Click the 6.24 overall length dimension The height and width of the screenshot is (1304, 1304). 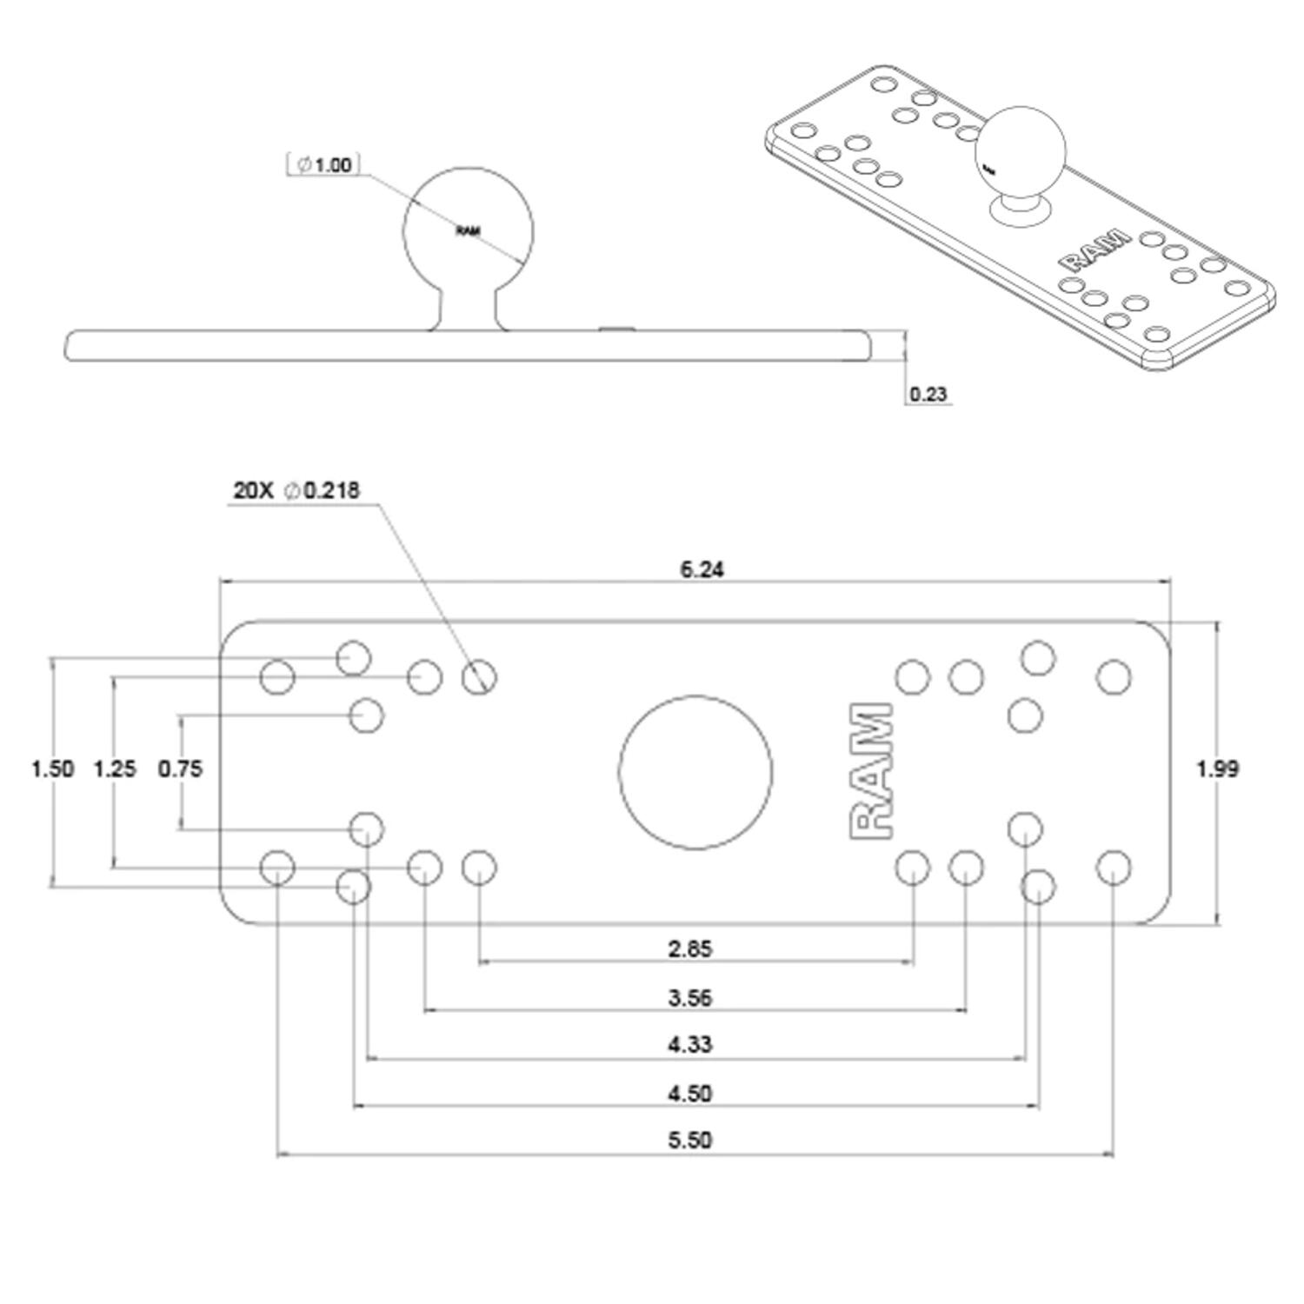coord(701,569)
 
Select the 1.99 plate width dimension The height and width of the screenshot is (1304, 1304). coord(1217,768)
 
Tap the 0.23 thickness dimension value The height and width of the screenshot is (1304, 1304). coord(928,394)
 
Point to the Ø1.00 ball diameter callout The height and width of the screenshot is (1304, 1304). coord(323,164)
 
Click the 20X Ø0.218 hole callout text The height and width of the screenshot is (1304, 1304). coord(296,490)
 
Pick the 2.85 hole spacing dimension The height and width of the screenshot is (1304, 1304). coord(689,948)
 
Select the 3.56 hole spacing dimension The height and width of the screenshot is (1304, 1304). coord(689,997)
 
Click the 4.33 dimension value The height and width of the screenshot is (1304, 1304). coord(689,1044)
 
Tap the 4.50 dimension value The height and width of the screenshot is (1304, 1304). coord(689,1093)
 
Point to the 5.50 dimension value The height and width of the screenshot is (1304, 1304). coord(689,1140)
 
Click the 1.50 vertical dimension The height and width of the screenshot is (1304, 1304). coord(52,768)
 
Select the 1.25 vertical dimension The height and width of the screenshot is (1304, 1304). coord(115,768)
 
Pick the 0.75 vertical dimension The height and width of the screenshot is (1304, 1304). coord(180,768)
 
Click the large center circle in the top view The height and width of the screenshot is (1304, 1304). coord(695,772)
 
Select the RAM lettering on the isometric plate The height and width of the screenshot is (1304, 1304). coord(1094,250)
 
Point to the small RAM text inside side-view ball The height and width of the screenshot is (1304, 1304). coord(468,231)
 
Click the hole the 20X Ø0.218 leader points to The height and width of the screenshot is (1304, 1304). coord(479,676)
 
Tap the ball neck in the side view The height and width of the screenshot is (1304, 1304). coord(468,309)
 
